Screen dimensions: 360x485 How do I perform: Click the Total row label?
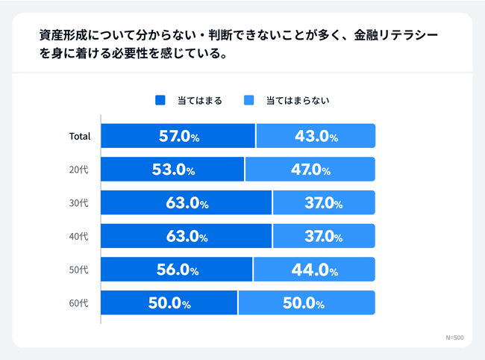coord(79,137)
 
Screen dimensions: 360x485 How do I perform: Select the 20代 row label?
coord(79,170)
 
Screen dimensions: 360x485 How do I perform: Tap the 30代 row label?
coord(79,203)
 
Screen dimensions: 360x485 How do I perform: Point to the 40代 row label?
coord(79,237)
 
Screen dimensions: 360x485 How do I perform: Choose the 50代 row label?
coord(79,270)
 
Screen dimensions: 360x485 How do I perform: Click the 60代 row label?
coord(79,303)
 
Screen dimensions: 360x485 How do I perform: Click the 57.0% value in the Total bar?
coord(179,137)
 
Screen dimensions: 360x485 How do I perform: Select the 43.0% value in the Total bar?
coord(315,137)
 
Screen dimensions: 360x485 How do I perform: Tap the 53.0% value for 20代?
coord(173,170)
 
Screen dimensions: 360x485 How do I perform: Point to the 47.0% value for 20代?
coord(310,170)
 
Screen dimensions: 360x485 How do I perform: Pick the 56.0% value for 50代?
coord(178,270)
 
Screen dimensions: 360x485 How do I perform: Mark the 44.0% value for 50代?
coord(314,270)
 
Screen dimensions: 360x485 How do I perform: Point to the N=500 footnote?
coord(454,338)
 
